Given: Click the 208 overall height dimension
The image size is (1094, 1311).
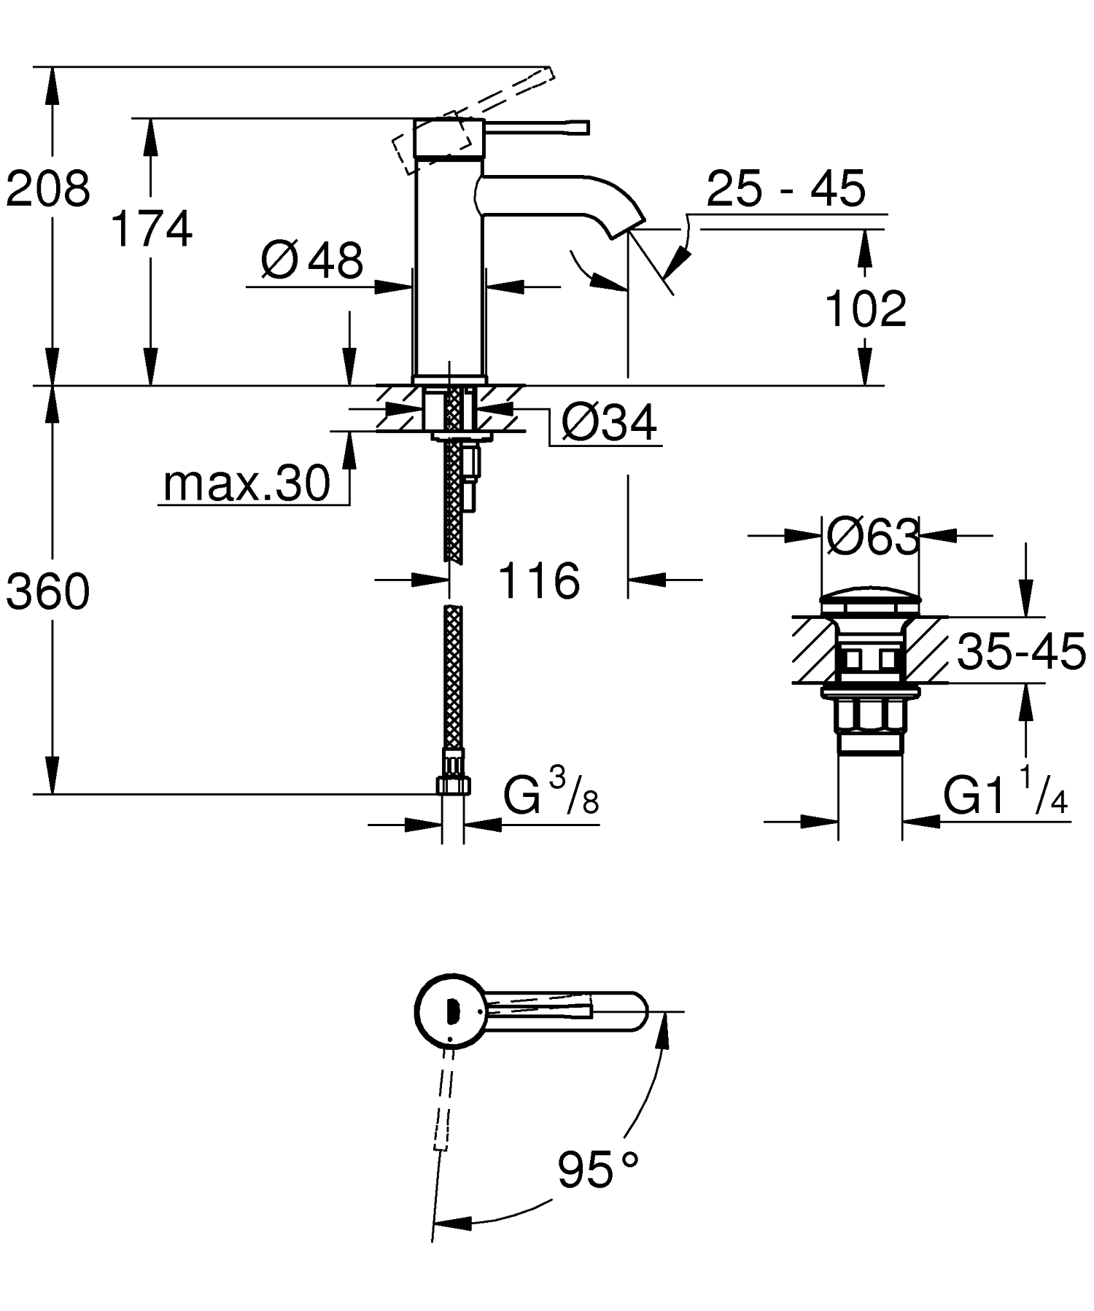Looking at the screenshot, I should [x=48, y=188].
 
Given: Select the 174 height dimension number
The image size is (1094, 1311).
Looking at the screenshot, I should [x=152, y=229].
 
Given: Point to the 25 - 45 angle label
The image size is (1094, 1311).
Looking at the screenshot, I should [x=785, y=189].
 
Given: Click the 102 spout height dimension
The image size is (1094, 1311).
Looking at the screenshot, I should [x=865, y=308].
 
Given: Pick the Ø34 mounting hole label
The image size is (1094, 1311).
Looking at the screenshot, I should [x=610, y=422].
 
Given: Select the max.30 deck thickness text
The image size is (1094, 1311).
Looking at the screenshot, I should [x=247, y=483].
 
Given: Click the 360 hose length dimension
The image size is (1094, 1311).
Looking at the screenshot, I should [x=48, y=591].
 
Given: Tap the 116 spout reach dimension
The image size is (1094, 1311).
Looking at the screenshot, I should [x=539, y=581].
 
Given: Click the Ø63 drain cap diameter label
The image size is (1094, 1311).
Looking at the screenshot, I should [x=872, y=537].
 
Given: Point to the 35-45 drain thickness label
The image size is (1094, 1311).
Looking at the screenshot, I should [x=1021, y=651].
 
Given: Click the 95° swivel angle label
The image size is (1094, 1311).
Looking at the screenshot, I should [x=598, y=1170].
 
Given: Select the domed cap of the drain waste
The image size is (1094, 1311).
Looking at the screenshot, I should [x=870, y=602].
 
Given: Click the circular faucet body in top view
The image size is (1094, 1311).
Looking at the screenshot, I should [x=449, y=1011].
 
